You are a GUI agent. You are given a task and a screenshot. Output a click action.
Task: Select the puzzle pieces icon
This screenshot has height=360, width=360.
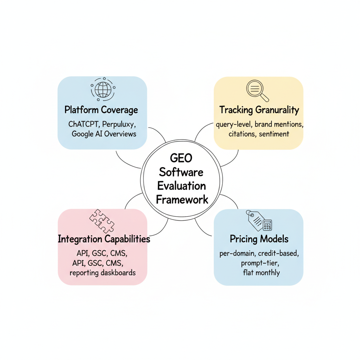tap(102, 220)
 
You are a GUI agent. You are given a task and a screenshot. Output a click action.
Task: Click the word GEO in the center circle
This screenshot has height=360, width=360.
tap(181, 158)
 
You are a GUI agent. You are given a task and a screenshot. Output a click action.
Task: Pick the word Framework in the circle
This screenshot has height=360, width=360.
tap(182, 200)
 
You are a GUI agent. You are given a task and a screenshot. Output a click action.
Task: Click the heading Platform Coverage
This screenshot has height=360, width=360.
tap(101, 110)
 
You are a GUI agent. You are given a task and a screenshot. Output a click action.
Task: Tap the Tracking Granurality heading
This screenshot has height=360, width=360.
tap(259, 110)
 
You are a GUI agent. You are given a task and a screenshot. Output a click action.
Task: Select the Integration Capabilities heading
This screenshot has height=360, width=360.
tap(104, 239)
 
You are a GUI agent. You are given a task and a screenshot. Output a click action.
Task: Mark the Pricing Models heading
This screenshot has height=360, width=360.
tap(259, 239)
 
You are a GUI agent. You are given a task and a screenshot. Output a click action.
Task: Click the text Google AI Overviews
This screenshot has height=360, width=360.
tap(104, 134)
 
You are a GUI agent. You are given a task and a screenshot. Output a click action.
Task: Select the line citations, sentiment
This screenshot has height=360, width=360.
tap(259, 134)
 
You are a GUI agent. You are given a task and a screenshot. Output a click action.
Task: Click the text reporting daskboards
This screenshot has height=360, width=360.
tap(103, 272)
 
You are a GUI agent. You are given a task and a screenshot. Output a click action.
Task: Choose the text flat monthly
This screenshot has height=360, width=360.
tap(261, 272)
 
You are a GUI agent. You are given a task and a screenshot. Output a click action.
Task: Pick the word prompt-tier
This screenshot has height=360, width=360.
tap(259, 263)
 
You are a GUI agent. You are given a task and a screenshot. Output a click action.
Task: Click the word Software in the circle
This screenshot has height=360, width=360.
tap(181, 172)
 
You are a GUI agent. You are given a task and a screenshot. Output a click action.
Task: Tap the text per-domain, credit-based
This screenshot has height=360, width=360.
tap(259, 254)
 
